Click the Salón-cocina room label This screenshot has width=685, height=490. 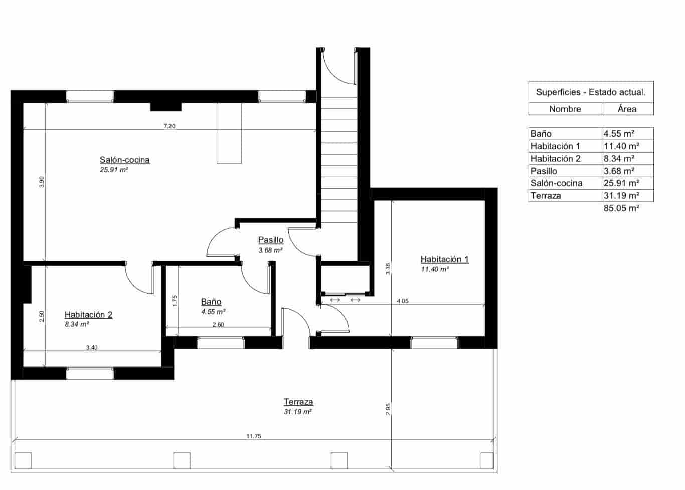point(124,160)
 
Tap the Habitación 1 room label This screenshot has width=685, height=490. point(444,259)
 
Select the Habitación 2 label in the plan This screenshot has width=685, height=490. point(88,315)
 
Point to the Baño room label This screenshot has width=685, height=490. point(211,302)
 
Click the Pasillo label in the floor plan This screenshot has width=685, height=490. point(271,240)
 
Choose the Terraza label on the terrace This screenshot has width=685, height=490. point(298,402)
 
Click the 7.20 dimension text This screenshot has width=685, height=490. point(169,126)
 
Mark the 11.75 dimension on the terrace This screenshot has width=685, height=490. point(253,436)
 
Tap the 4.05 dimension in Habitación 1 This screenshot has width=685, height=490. point(402,301)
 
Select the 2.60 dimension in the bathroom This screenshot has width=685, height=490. point(218,325)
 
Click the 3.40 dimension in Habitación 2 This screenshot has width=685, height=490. point(92,347)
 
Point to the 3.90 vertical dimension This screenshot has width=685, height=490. point(42,182)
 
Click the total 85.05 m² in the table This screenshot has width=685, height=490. point(621,208)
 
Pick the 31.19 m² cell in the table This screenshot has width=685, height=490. point(621,196)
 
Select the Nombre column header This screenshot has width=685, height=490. point(565,109)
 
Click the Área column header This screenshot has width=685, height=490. point(627,109)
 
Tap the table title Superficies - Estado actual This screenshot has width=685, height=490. point(591,92)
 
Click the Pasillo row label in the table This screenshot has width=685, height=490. point(544,171)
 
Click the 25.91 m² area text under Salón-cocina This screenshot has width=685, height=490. point(114,170)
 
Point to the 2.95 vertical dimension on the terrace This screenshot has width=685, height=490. point(388,409)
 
